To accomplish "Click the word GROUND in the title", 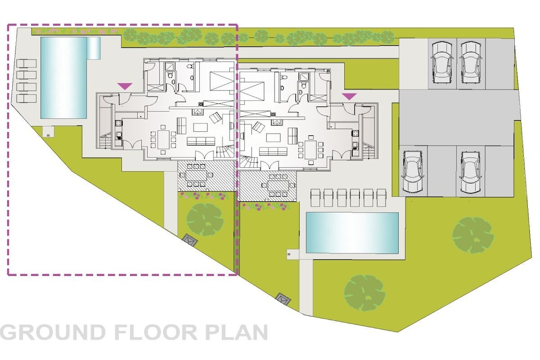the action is tap(53, 333).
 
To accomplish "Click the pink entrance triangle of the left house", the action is tap(124, 86).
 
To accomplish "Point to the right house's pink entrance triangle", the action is tap(349, 96).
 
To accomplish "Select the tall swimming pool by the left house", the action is tap(63, 78).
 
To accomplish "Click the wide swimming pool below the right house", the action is tap(352, 232).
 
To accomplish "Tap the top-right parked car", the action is tap(471, 62).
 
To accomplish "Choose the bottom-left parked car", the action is tap(413, 171).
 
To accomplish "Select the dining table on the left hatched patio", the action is tap(195, 176).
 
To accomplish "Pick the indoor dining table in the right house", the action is tap(311, 149).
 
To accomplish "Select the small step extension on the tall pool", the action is tap(93, 47).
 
